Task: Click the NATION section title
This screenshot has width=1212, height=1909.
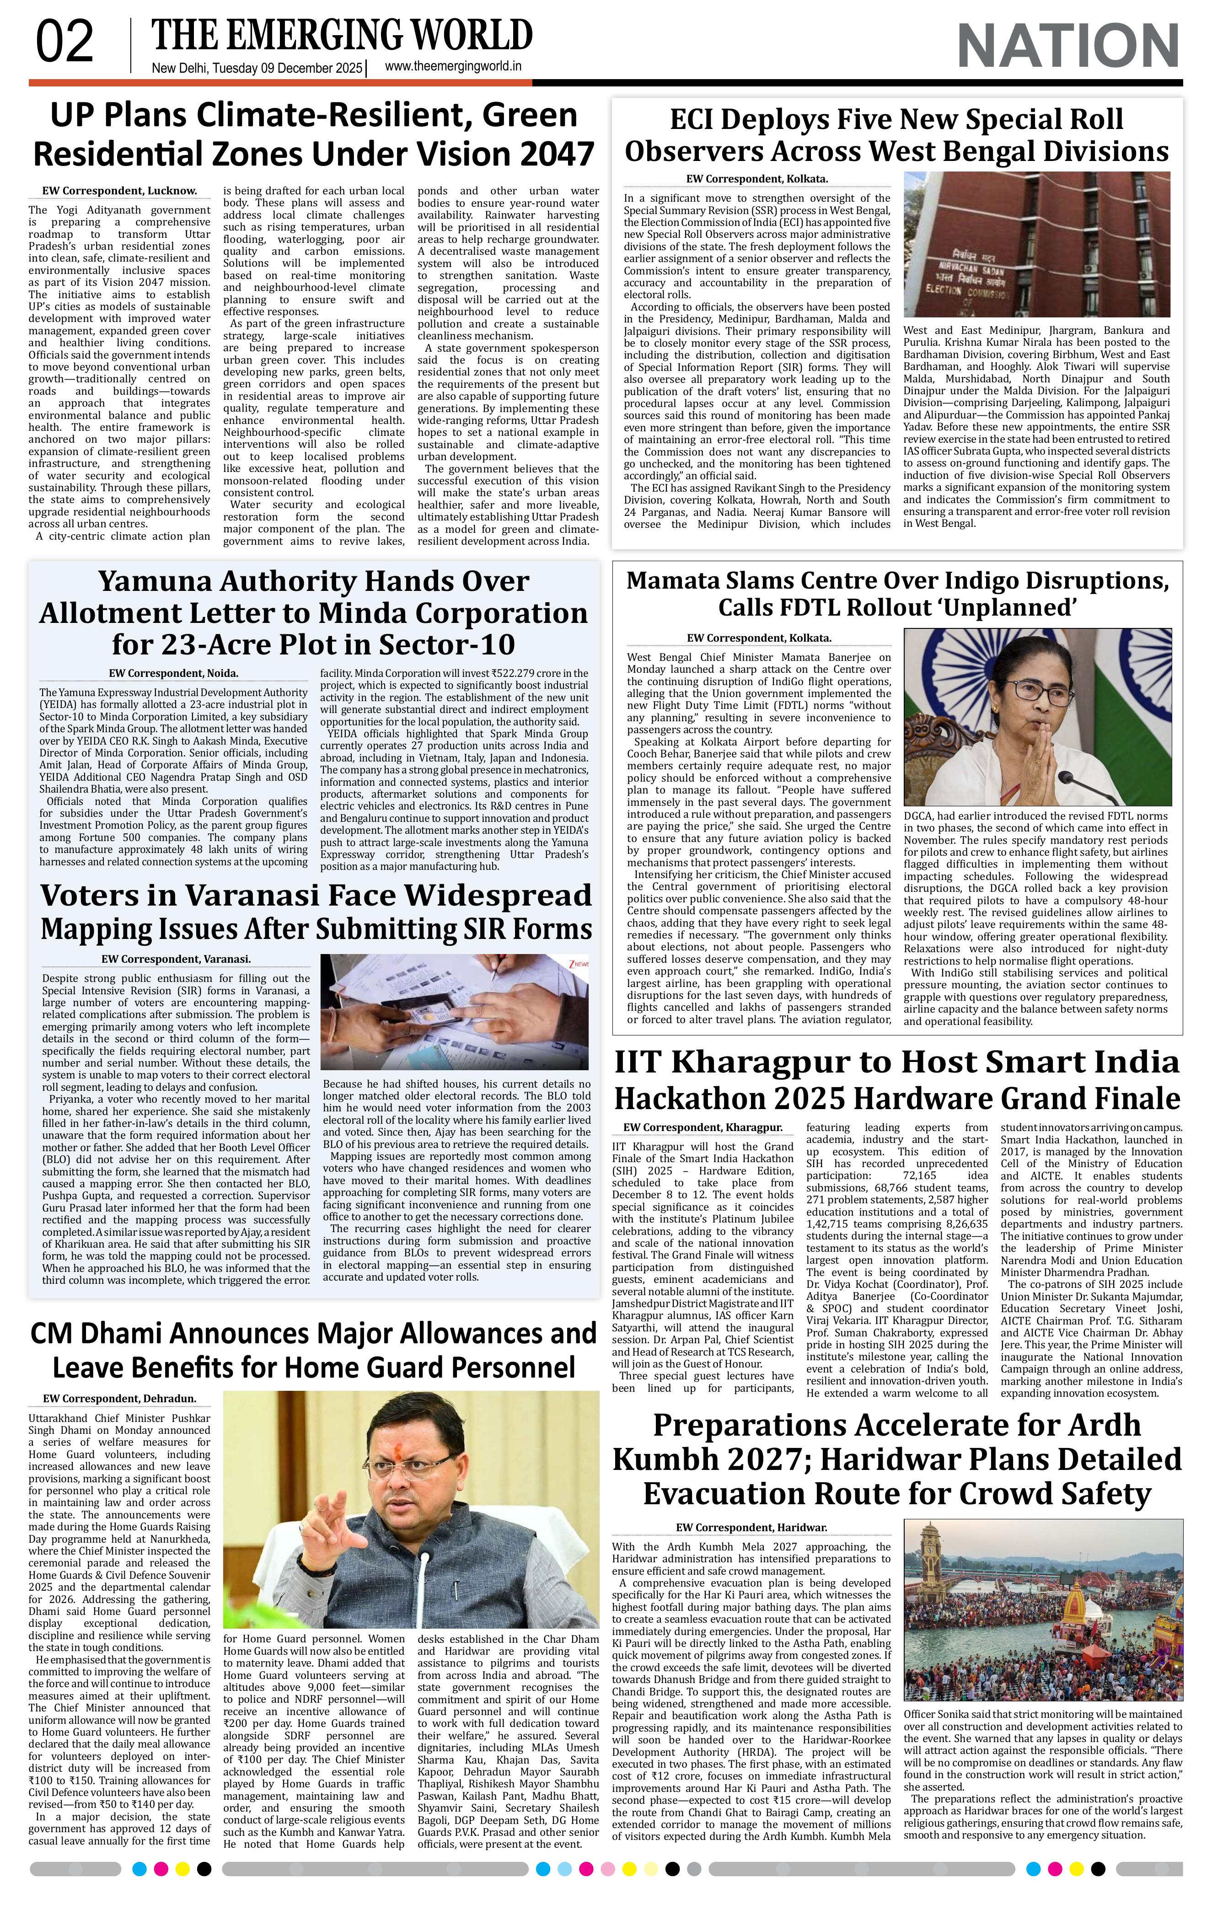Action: coord(1068,46)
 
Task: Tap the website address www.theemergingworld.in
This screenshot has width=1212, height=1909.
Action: coord(453,67)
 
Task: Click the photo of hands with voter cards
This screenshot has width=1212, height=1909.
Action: coord(454,1013)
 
